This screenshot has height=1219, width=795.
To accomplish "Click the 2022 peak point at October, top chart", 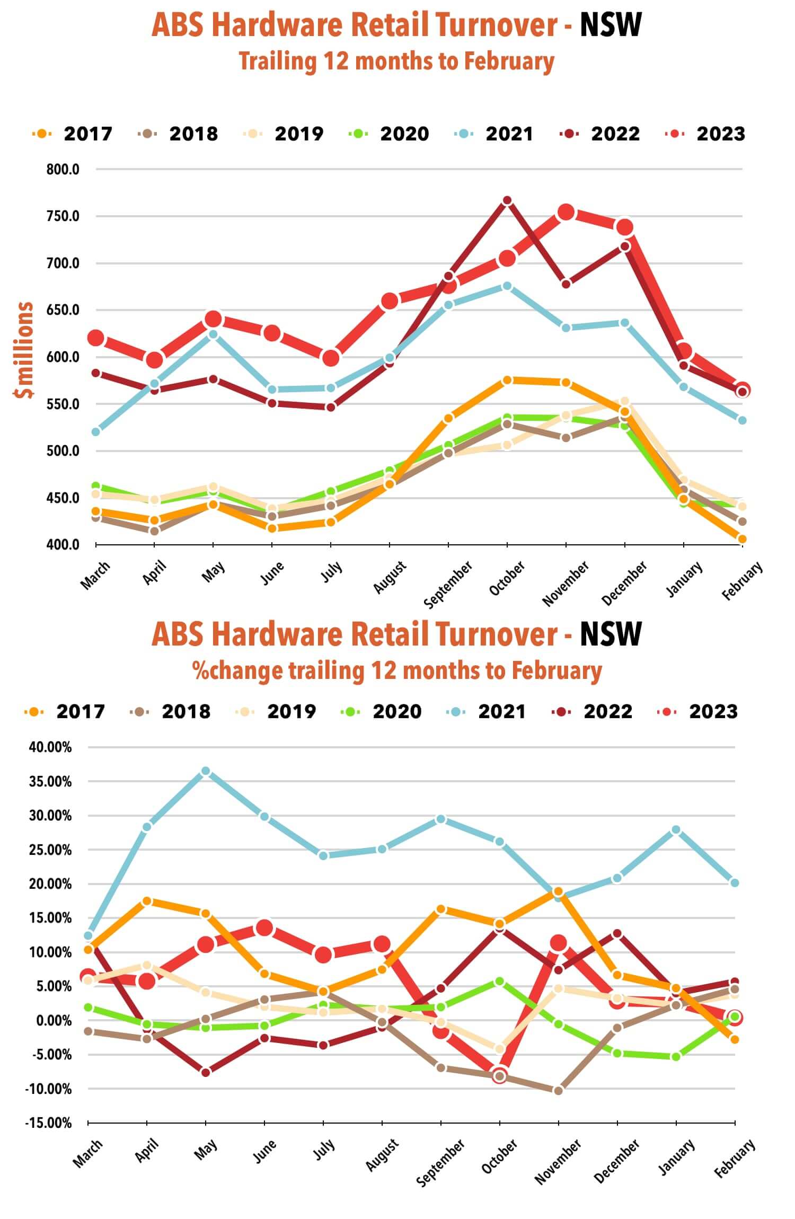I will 507,200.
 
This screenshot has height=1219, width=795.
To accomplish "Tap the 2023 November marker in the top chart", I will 566,213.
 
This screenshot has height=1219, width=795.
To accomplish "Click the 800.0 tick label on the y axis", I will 63,170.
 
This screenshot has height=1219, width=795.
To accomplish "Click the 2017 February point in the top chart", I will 742,539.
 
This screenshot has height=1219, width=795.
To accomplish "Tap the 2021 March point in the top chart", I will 96,432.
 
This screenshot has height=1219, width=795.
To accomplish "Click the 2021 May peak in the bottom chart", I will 206,771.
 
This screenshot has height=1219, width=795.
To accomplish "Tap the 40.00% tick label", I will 50,747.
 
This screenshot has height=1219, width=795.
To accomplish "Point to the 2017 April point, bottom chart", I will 147,901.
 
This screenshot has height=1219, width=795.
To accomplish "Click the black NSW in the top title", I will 611,25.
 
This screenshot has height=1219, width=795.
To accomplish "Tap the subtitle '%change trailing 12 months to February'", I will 397,671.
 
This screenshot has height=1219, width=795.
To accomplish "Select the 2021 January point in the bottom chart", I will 676,830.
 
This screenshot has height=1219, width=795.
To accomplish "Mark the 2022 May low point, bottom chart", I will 206,1072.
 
